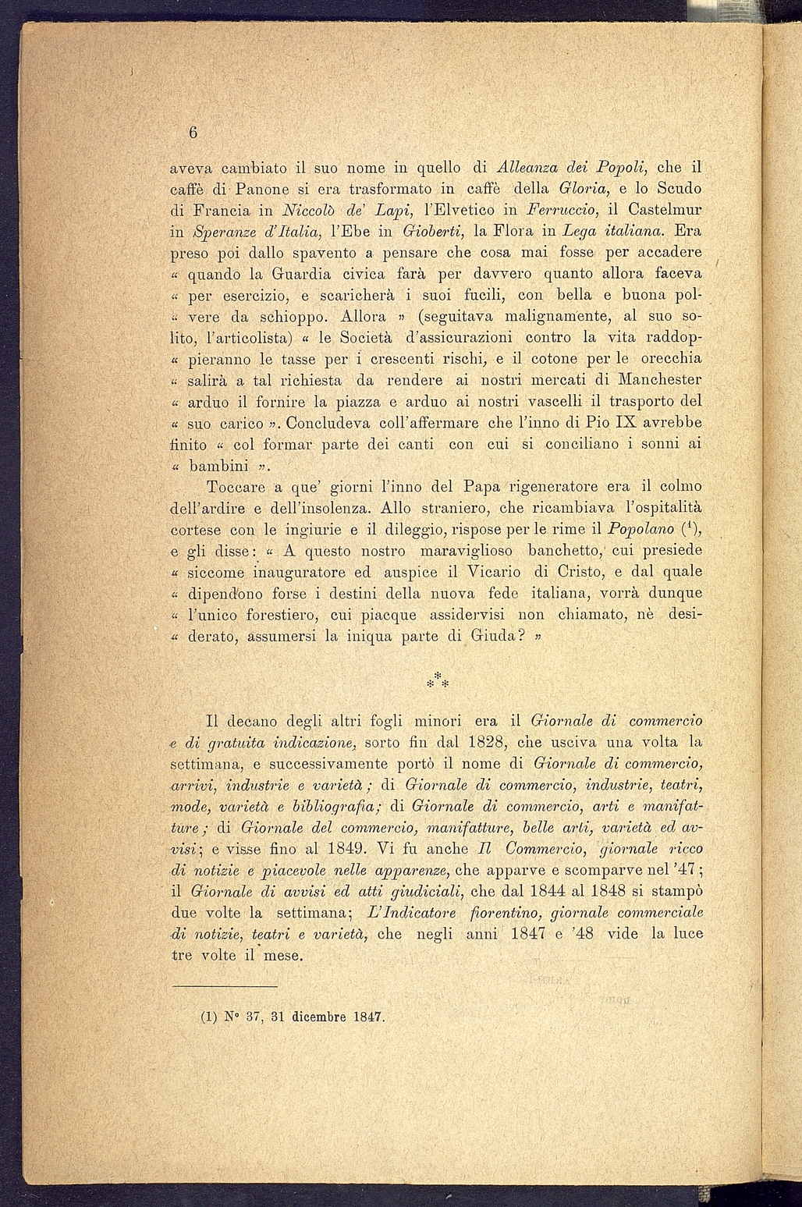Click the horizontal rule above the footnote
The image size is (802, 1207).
[224, 987]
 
